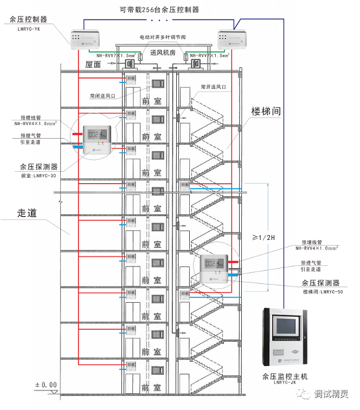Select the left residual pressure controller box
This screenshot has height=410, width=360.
pyautogui.click(x=85, y=37)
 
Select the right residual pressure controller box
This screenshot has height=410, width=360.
pyautogui.click(x=231, y=38)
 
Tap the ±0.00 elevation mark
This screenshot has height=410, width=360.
pyautogui.click(x=46, y=385)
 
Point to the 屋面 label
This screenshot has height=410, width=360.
pyautogui.click(x=93, y=64)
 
